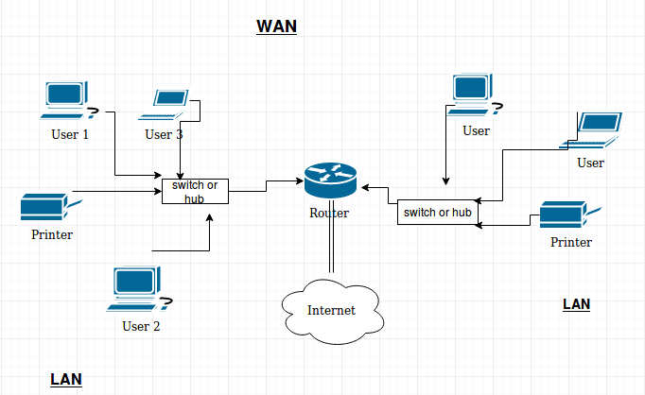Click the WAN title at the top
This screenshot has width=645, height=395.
coord(277,26)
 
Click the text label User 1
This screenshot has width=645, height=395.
coord(69,134)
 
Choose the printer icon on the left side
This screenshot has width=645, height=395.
coord(44,206)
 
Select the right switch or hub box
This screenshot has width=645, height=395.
coord(436,213)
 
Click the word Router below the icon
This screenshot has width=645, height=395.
coord(329,213)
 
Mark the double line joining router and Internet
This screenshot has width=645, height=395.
coord(331,246)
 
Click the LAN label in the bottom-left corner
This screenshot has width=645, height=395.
coord(66,379)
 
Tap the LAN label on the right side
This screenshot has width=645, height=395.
coord(576,303)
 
